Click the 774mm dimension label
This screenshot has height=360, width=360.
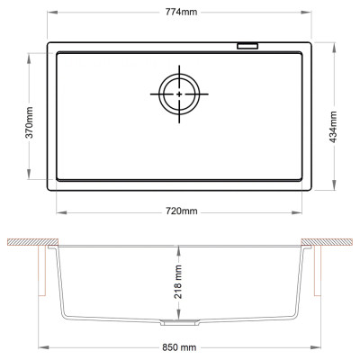tap(181, 12)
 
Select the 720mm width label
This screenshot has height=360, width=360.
tap(182, 211)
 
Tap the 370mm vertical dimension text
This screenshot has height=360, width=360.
tap(30, 122)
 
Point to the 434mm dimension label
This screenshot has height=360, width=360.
tap(334, 127)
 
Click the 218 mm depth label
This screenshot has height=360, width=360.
tap(178, 282)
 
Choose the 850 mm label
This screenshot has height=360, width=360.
tap(179, 347)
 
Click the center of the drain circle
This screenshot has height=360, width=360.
tap(179, 94)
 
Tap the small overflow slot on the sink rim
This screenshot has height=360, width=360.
tap(247, 46)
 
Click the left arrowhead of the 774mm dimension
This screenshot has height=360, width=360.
tap(52, 12)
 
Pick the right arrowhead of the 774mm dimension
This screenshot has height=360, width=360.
tap(306, 12)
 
